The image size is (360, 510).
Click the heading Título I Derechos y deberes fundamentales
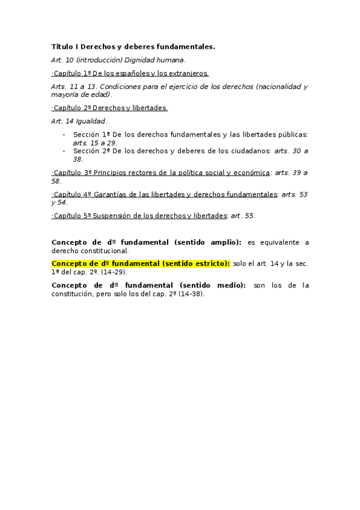coord(133,46)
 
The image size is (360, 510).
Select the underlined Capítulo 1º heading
coord(130,73)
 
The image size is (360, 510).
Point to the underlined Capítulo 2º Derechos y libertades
coord(110,108)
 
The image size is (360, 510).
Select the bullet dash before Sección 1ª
coord(64,135)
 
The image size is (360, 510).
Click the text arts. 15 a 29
coord(94,143)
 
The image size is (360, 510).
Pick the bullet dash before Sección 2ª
coord(64,151)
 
